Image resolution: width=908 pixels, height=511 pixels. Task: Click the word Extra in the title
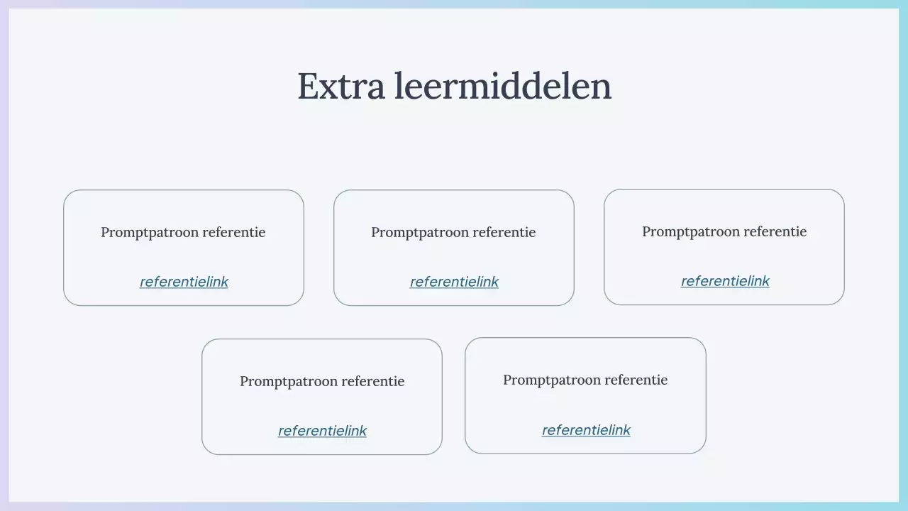click(342, 86)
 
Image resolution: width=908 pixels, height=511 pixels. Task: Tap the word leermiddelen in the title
click(503, 86)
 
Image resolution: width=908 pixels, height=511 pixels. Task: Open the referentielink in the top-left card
click(184, 282)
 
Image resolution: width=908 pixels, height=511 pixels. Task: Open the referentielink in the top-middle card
click(454, 282)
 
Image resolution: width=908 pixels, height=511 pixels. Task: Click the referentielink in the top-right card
click(725, 281)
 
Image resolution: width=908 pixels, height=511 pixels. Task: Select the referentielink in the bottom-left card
click(322, 431)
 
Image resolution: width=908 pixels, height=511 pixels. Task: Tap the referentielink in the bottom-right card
click(586, 430)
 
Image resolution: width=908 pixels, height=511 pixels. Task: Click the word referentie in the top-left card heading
click(233, 232)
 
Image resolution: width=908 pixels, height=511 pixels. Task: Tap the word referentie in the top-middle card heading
click(504, 232)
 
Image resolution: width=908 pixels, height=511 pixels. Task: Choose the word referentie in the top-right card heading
click(775, 231)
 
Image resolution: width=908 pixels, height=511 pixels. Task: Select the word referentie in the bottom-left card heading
click(372, 381)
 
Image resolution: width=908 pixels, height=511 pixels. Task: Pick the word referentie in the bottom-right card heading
click(636, 380)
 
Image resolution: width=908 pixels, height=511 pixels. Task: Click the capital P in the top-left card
click(105, 232)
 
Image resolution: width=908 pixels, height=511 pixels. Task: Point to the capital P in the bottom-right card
click(507, 380)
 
